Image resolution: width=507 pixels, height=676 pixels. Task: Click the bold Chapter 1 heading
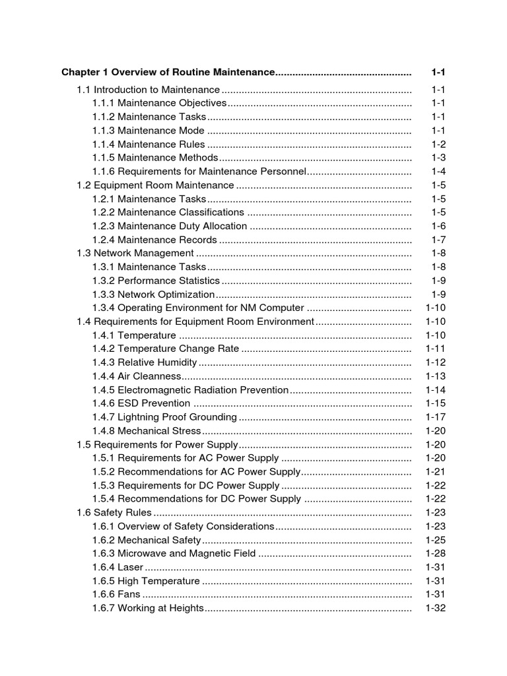click(x=168, y=72)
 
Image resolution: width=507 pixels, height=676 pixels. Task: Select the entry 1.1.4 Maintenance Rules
click(x=149, y=145)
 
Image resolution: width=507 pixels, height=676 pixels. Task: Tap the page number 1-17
click(x=436, y=417)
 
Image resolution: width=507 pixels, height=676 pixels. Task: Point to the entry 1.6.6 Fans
click(x=116, y=595)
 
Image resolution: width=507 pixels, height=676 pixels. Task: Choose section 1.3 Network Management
click(x=135, y=253)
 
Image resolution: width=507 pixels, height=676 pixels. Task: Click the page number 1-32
click(x=436, y=608)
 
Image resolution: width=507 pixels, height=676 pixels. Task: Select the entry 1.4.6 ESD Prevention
click(x=141, y=403)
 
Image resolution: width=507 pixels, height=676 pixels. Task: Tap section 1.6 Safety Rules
click(x=114, y=513)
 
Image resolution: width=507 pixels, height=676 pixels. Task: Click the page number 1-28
click(x=436, y=554)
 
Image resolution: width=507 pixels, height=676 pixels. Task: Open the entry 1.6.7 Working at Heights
click(x=148, y=608)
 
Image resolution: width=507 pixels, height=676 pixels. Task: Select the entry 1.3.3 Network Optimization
click(x=153, y=294)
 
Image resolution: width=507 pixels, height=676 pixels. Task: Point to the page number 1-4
click(x=438, y=172)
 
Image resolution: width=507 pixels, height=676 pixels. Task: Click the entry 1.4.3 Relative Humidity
click(x=145, y=362)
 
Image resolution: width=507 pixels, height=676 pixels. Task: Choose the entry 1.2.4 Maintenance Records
click(x=154, y=240)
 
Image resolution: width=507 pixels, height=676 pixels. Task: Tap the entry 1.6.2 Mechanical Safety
click(x=146, y=540)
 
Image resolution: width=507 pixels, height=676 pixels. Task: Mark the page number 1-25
click(x=436, y=540)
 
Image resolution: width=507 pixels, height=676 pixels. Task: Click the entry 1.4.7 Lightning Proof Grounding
click(x=164, y=417)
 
